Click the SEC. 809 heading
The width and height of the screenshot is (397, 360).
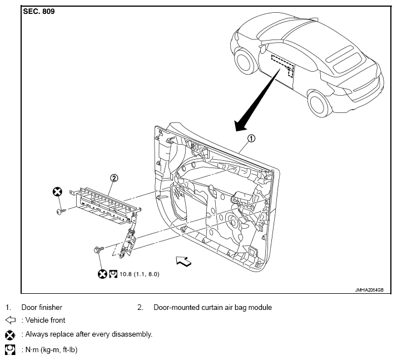point(39,11)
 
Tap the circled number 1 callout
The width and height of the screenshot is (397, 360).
point(251,139)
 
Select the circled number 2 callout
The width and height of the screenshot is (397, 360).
point(114,178)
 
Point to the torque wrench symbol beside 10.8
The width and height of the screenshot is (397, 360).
point(113,274)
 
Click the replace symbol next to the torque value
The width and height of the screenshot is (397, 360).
point(102,274)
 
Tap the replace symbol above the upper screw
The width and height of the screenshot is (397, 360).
point(57,192)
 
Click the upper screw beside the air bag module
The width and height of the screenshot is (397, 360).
point(61,211)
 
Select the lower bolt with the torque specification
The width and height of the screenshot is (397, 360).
point(99,249)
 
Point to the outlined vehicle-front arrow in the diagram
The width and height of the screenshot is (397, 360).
point(184,261)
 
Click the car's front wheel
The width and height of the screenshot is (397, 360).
point(245,61)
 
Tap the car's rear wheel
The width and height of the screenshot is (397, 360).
point(319,103)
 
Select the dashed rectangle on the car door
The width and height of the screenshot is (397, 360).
point(283,65)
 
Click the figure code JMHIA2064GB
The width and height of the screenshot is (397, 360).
point(369,290)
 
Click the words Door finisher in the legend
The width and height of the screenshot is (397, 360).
point(42,307)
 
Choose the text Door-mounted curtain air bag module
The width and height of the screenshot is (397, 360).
point(212,307)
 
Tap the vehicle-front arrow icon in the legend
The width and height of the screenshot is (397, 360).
point(11,320)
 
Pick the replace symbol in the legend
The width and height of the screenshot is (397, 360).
point(10,335)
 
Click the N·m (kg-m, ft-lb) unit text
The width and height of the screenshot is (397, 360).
point(51,350)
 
